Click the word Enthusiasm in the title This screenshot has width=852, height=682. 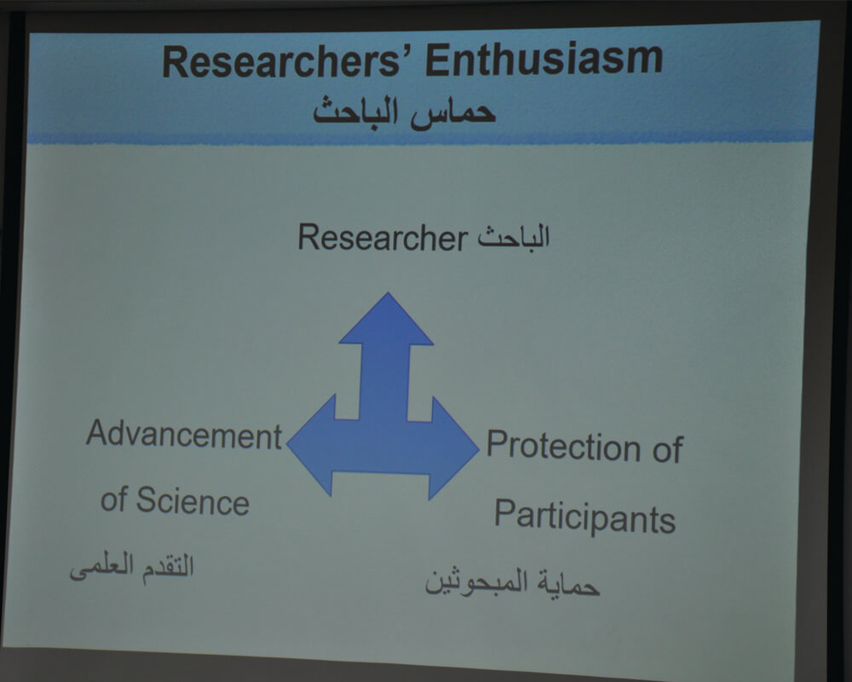coord(544,59)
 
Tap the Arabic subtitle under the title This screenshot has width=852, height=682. coord(404,113)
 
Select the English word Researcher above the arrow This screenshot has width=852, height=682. coord(383,238)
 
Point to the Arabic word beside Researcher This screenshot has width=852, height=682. coord(514,237)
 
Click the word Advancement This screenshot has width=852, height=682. coord(184,435)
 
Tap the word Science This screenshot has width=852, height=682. coord(193,500)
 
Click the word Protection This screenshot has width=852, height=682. coord(563,445)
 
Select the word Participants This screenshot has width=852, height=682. coord(584,516)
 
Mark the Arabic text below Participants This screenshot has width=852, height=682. coord(512,582)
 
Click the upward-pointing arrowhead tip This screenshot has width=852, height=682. coord(388,293)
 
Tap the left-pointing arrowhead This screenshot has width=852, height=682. coord(311,446)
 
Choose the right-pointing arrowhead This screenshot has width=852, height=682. coord(455,448)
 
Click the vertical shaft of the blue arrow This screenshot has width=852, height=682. coord(383,382)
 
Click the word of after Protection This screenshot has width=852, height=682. coord(667,449)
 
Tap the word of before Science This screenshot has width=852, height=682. coord(113,500)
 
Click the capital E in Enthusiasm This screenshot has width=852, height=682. coord(437,61)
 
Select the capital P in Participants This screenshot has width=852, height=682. coord(504,513)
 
